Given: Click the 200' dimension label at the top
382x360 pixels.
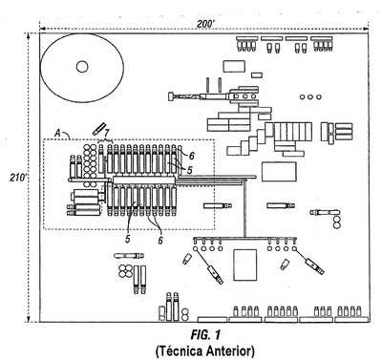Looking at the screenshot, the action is click(204, 25).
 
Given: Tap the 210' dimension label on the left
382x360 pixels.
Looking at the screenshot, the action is click(17, 178).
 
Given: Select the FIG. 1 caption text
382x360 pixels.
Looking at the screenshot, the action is click(205, 335).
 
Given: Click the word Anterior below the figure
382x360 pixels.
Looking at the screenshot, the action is click(230, 351).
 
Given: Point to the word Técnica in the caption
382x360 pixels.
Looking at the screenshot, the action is click(179, 351).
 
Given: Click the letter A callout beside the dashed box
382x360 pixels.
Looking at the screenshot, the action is click(57, 133).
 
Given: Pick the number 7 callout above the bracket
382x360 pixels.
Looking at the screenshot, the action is click(107, 132).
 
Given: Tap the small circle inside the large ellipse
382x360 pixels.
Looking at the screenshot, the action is click(82, 67).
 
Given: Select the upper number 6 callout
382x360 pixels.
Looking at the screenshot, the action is click(191, 156).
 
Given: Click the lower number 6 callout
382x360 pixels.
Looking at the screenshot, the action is click(160, 240).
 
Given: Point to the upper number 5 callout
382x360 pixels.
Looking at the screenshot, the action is click(190, 170).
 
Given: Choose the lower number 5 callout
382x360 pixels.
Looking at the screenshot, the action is click(128, 239).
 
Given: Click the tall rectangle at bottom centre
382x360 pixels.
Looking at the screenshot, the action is click(245, 265).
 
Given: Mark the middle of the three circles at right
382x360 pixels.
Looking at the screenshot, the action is click(310, 96).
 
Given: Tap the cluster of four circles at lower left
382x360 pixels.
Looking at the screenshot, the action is click(125, 271).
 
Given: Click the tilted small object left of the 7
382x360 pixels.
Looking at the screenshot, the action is click(98, 128).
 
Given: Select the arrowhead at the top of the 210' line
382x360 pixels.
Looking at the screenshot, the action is click(29, 34).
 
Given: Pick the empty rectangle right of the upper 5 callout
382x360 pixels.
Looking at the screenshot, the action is click(279, 172).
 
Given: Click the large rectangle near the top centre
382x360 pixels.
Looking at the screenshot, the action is click(234, 66).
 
